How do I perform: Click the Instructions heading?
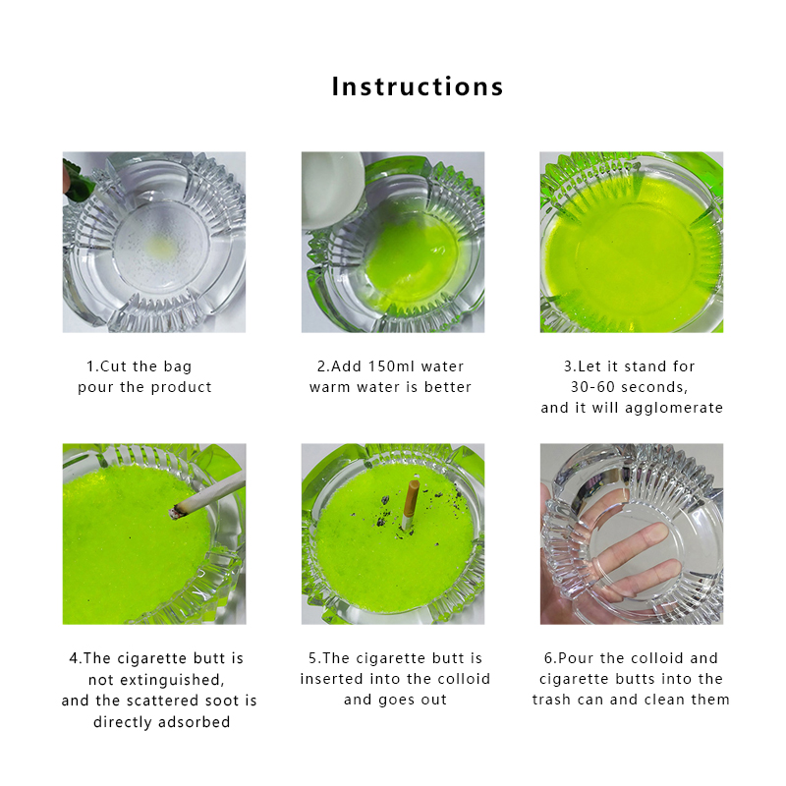pos(418,86)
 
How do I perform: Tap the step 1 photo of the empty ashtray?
pos(154,242)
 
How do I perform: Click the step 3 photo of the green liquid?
pos(631,242)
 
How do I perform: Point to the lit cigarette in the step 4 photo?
pos(206,496)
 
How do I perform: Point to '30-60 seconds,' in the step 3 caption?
pos(632,387)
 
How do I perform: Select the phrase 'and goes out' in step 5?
pos(395,701)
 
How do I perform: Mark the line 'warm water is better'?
pos(391,387)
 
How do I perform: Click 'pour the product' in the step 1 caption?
pos(145,387)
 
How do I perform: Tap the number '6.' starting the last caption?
pos(549,658)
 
